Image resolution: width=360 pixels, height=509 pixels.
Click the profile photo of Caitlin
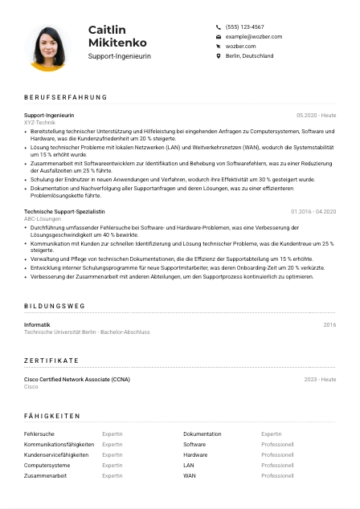click(49, 45)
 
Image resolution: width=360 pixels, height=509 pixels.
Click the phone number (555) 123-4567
click(244, 26)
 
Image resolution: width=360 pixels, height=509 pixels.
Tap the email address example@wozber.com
click(253, 37)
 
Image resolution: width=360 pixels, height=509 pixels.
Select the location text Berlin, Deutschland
click(249, 56)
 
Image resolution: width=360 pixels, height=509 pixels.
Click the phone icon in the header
click(218, 26)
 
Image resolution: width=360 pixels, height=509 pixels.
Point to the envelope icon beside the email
click(218, 37)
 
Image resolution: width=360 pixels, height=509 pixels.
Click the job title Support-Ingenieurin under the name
click(119, 56)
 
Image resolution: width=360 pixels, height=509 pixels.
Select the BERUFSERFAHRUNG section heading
click(65, 97)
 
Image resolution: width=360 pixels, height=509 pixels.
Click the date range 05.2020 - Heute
click(316, 115)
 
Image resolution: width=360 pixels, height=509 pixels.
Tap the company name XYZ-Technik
click(40, 122)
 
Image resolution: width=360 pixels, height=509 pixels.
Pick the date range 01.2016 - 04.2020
click(313, 211)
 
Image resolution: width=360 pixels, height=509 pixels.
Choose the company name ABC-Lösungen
click(42, 218)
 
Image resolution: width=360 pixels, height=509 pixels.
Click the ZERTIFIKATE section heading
click(51, 360)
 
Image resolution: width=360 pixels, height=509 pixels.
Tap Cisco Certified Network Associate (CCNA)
click(77, 379)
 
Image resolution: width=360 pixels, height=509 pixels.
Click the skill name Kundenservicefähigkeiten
click(56, 454)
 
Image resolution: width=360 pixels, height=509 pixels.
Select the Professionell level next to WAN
click(277, 475)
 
